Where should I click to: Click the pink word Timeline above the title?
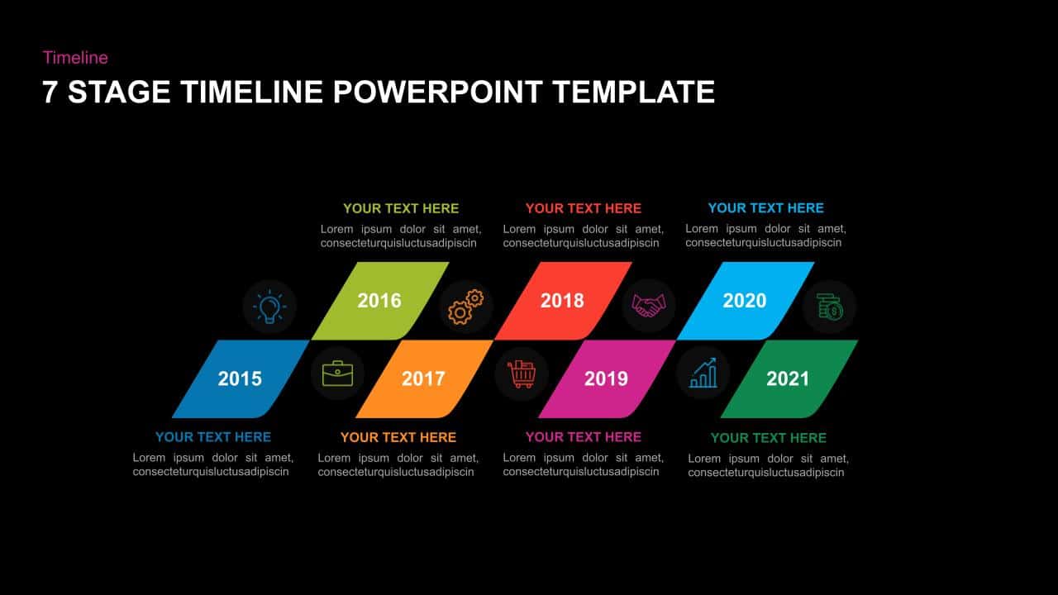(75, 58)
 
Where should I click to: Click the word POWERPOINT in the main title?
(437, 92)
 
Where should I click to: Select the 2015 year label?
(240, 378)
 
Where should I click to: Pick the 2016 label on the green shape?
(379, 301)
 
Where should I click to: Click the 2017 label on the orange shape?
(423, 378)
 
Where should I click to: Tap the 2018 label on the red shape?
(562, 301)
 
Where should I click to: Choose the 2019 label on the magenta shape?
(606, 378)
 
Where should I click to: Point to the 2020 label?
(745, 301)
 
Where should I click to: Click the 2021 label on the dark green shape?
(788, 378)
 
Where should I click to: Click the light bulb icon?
(269, 307)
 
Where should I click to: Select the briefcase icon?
(338, 374)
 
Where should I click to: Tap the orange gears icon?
(465, 307)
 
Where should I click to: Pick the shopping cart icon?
(522, 374)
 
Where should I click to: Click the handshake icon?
(649, 306)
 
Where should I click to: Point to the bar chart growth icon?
(703, 373)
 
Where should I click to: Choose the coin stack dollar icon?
(829, 307)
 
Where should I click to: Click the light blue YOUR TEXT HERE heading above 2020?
(765, 208)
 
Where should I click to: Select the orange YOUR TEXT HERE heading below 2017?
(398, 438)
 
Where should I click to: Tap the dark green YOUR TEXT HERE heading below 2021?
(769, 438)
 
